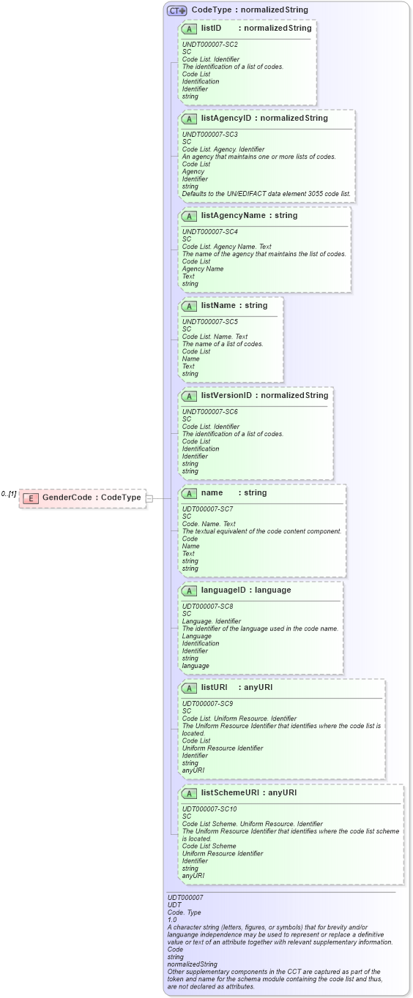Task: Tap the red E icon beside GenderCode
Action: pos(31,498)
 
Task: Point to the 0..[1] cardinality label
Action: pos(9,494)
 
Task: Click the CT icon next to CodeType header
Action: pos(177,10)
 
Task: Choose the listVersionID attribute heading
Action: pos(228,395)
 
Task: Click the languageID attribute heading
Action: pos(224,590)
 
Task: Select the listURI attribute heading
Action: pos(215,687)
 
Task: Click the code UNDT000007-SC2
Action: pos(209,45)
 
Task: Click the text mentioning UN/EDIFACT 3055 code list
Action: pos(267,194)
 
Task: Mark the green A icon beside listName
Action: pos(189,306)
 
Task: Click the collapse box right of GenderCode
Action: pos(149,498)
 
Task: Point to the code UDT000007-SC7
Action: pos(208,509)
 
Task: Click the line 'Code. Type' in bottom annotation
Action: pos(184,912)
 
